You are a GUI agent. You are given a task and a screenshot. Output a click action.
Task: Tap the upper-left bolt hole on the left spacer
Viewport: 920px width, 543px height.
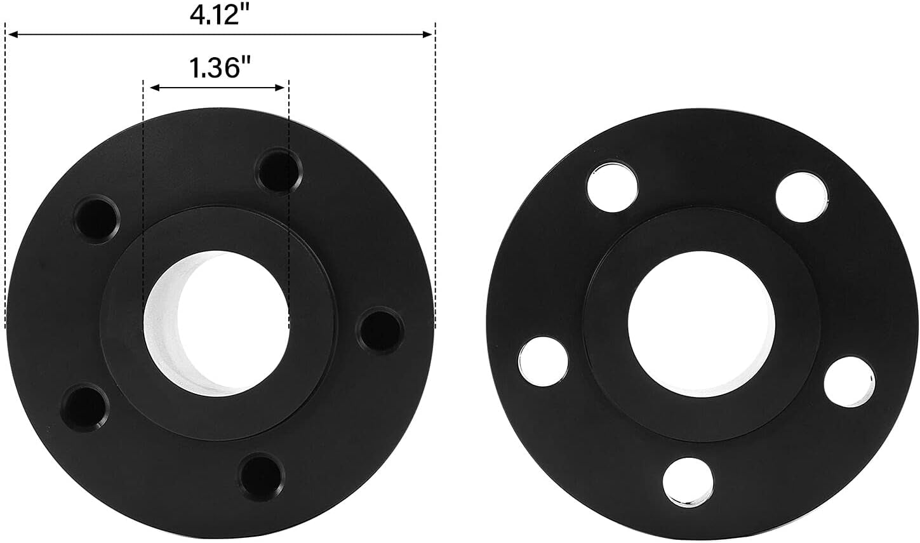(96, 219)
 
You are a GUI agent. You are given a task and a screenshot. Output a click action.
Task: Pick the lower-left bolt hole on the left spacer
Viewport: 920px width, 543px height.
(84, 407)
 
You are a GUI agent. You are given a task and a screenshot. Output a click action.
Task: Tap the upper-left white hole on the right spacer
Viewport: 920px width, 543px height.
(611, 184)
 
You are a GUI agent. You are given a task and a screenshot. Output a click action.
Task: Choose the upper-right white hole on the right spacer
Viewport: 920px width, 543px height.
(802, 196)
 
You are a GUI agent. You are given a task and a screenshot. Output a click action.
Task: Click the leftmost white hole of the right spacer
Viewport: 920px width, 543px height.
(543, 361)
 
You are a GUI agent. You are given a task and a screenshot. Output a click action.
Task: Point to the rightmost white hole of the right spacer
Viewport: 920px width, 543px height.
(850, 381)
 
